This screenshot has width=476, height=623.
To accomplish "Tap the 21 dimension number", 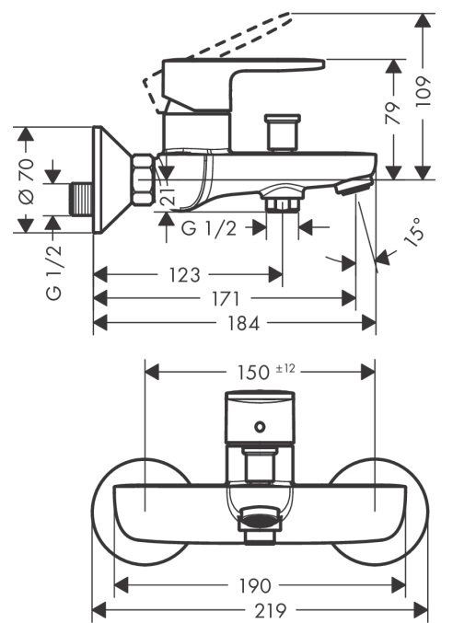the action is coord(168,195).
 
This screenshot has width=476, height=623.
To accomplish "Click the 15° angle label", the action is coord(412,232).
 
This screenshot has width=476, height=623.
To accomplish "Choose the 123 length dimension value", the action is coord(184,275).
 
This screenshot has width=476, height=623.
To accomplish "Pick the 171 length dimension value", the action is coord(226,298).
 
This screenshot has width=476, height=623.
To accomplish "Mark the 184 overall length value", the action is coord(243,323).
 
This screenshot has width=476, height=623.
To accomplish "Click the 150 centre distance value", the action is coord(253,373).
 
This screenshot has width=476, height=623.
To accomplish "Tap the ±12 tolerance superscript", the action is coord(285,368).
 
